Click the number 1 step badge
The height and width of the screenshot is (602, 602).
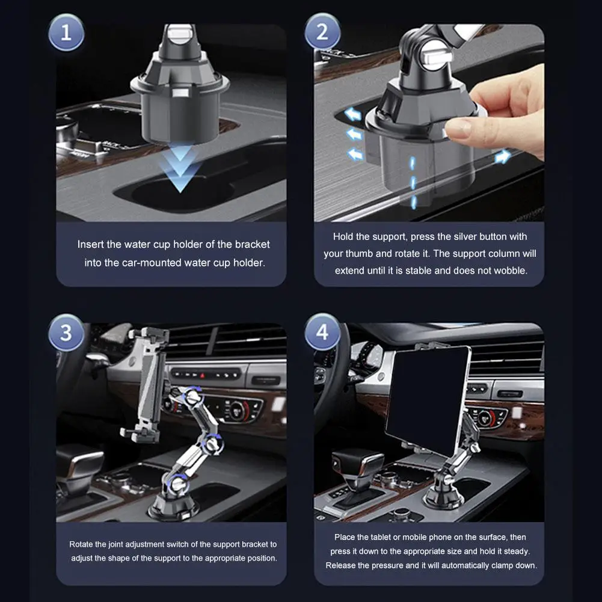[x=66, y=32]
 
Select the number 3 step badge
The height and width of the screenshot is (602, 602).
[x=66, y=333]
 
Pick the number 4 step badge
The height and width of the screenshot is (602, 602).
[x=322, y=332]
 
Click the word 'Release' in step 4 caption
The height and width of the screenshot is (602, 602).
[x=340, y=565]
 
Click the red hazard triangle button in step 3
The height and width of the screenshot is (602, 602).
[x=202, y=374]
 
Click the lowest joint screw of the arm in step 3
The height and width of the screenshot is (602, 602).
[x=178, y=484]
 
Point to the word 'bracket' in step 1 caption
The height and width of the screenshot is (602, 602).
[x=252, y=244]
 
